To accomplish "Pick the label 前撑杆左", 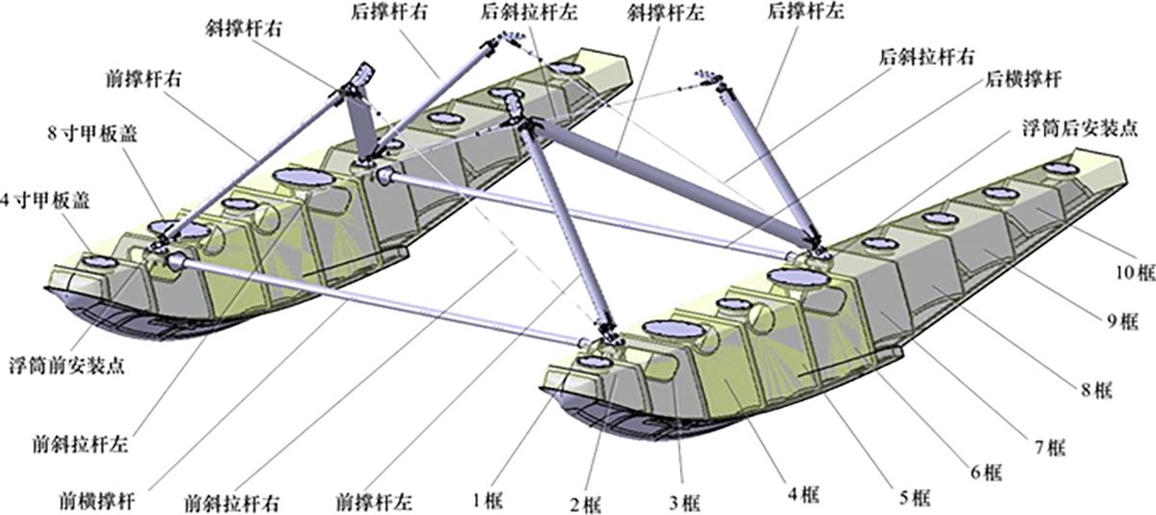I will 374,501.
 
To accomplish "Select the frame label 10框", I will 1133,273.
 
